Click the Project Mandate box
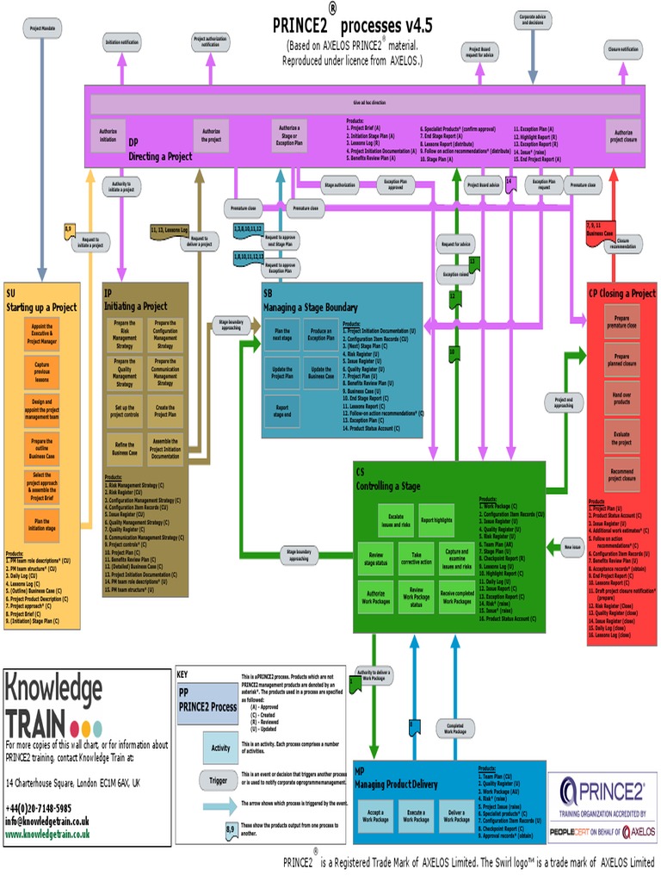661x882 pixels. coord(41,28)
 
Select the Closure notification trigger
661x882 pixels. coord(623,50)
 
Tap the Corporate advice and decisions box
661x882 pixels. coord(532,20)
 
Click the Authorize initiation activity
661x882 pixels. coord(108,135)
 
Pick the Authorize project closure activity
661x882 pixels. coord(621,135)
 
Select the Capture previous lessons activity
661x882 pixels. coord(41,371)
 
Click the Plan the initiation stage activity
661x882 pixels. coord(41,525)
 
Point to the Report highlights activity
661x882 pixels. coord(436,520)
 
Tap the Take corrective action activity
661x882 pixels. coord(417,557)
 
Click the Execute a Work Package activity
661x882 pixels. coord(417,816)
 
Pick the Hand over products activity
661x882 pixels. coord(621,397)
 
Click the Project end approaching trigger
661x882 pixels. coord(564,402)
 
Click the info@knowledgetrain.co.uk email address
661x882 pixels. coord(47,821)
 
